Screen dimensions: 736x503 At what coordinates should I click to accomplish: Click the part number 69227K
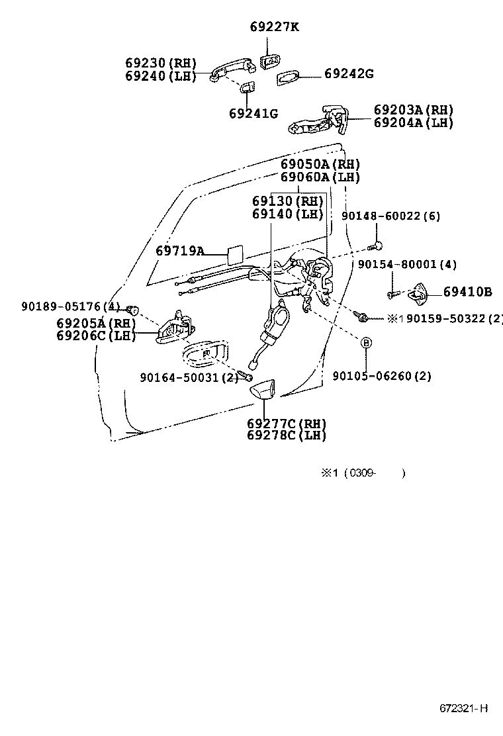click(x=275, y=27)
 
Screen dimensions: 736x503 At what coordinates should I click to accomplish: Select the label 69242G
click(x=349, y=74)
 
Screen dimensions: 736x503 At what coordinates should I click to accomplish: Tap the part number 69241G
click(x=253, y=113)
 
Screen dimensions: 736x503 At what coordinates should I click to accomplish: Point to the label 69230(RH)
click(x=161, y=64)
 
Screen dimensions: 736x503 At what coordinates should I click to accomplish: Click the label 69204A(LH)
click(x=414, y=123)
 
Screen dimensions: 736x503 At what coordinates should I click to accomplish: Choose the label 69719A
click(x=180, y=251)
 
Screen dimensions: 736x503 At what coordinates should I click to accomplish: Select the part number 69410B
click(x=467, y=292)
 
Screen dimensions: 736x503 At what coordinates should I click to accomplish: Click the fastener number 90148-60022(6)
click(x=391, y=216)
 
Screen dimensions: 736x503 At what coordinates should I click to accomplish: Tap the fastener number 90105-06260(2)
click(x=382, y=376)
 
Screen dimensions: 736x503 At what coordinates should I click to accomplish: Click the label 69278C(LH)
click(x=287, y=436)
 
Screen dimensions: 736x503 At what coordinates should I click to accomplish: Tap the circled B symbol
click(x=365, y=342)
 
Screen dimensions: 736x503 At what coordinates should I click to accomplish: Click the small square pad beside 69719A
click(x=235, y=253)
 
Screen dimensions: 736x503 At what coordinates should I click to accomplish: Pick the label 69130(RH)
click(x=287, y=201)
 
